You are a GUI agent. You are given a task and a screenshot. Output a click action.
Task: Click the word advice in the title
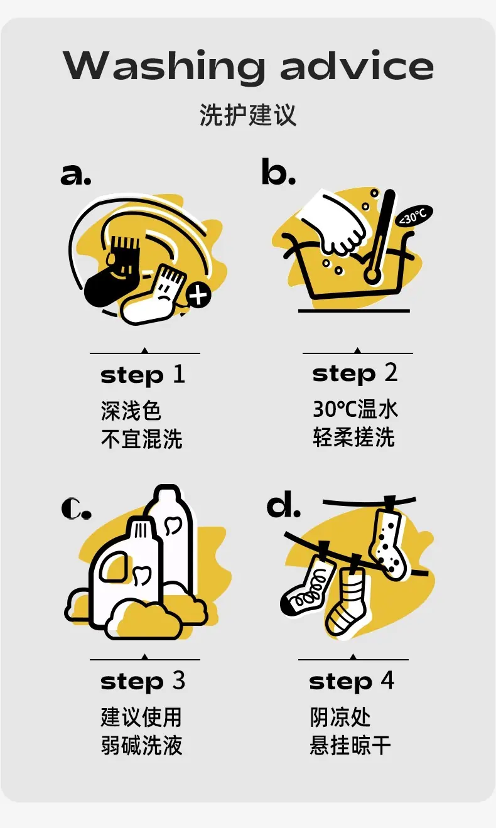click(x=357, y=65)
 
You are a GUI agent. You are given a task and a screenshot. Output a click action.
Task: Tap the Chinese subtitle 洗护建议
click(x=248, y=115)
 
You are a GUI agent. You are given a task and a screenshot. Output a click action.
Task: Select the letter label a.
click(x=76, y=175)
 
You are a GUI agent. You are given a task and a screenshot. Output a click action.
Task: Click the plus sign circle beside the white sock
click(x=199, y=295)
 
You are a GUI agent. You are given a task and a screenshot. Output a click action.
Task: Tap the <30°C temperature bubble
click(x=414, y=215)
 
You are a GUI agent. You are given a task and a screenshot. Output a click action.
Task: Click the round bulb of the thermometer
click(x=372, y=275)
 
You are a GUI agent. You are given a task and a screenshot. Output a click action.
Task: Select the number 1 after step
click(x=178, y=374)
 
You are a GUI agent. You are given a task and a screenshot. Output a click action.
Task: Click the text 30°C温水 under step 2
click(x=355, y=409)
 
